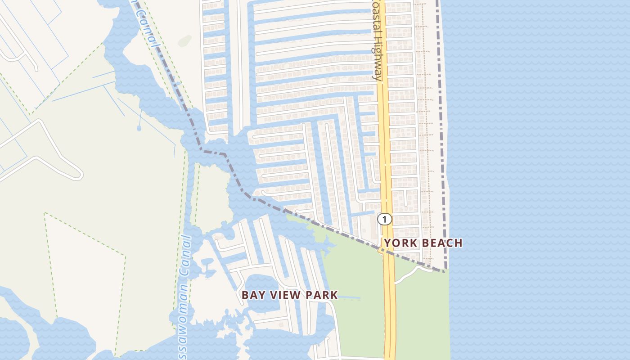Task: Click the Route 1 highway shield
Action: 384,219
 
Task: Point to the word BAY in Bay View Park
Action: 252,295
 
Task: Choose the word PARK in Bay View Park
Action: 320,295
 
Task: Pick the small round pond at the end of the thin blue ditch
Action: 139,128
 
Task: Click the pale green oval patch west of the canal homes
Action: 184,41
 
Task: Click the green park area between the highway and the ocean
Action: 423,310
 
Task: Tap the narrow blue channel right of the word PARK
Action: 349,297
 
